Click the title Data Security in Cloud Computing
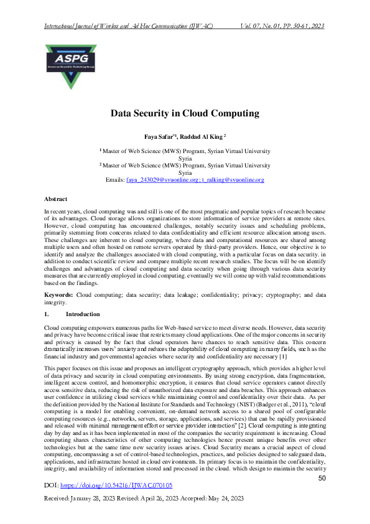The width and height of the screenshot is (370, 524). pyautogui.click(x=185, y=113)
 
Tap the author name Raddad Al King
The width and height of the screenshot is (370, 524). pyautogui.click(x=205, y=136)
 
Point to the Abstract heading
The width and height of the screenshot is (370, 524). pyautogui.click(x=56, y=199)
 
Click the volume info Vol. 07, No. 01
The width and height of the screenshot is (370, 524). pyautogui.click(x=264, y=27)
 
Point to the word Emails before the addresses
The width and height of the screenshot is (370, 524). pyautogui.click(x=115, y=180)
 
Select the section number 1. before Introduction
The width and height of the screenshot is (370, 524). pyautogui.click(x=47, y=314)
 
